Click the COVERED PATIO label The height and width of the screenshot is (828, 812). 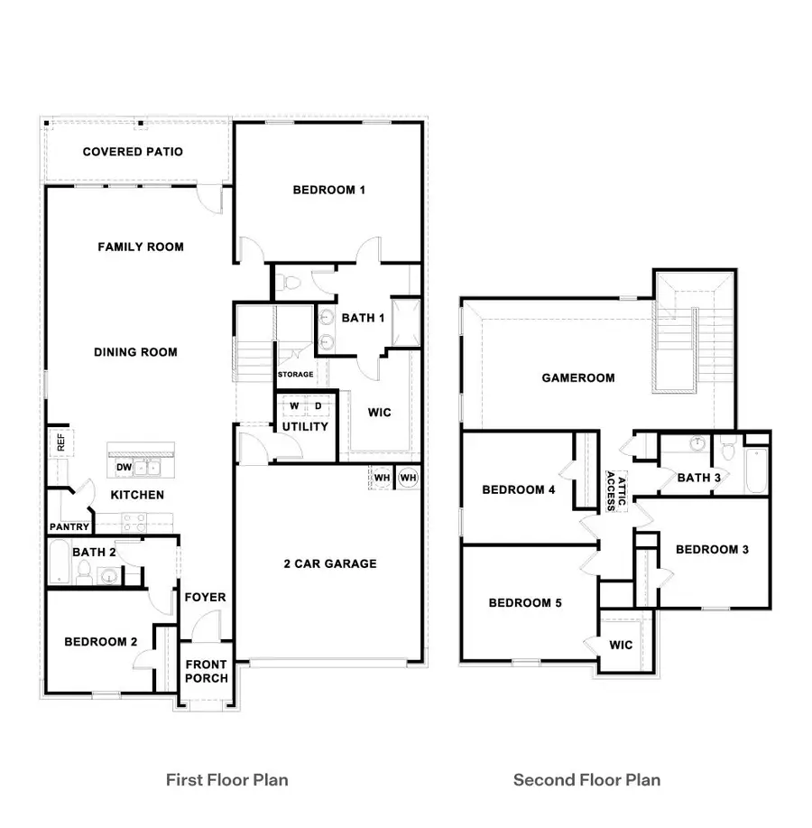(133, 152)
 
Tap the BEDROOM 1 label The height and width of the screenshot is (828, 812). (328, 190)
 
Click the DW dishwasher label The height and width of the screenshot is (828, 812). (124, 467)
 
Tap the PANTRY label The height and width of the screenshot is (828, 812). (69, 526)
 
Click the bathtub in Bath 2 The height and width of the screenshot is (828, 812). (59, 563)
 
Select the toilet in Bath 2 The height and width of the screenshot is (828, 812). (83, 572)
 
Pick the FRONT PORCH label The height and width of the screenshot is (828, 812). (207, 672)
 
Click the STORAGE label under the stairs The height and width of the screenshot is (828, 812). (295, 374)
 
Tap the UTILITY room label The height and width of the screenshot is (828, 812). (305, 426)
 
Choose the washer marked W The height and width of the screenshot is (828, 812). (293, 406)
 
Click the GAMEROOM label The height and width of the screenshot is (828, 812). (578, 377)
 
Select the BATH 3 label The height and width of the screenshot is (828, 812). (698, 477)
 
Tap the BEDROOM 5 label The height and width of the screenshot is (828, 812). (525, 602)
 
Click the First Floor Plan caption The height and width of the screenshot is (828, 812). (226, 778)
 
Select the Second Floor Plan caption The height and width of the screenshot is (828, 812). (586, 778)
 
